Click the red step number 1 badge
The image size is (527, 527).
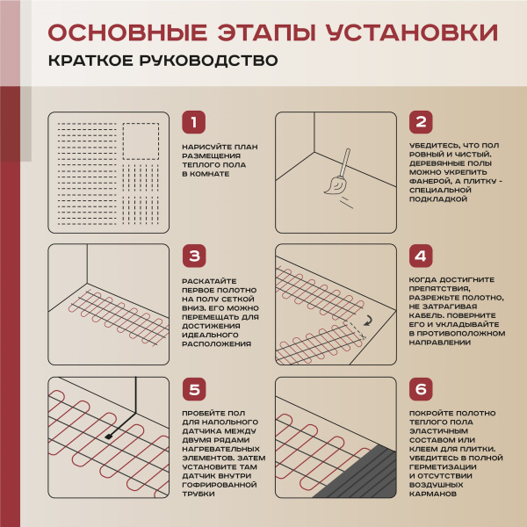(x=194, y=123)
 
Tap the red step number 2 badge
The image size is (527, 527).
(x=422, y=123)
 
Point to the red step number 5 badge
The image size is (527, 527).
(x=194, y=390)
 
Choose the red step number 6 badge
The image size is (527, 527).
(x=422, y=390)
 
